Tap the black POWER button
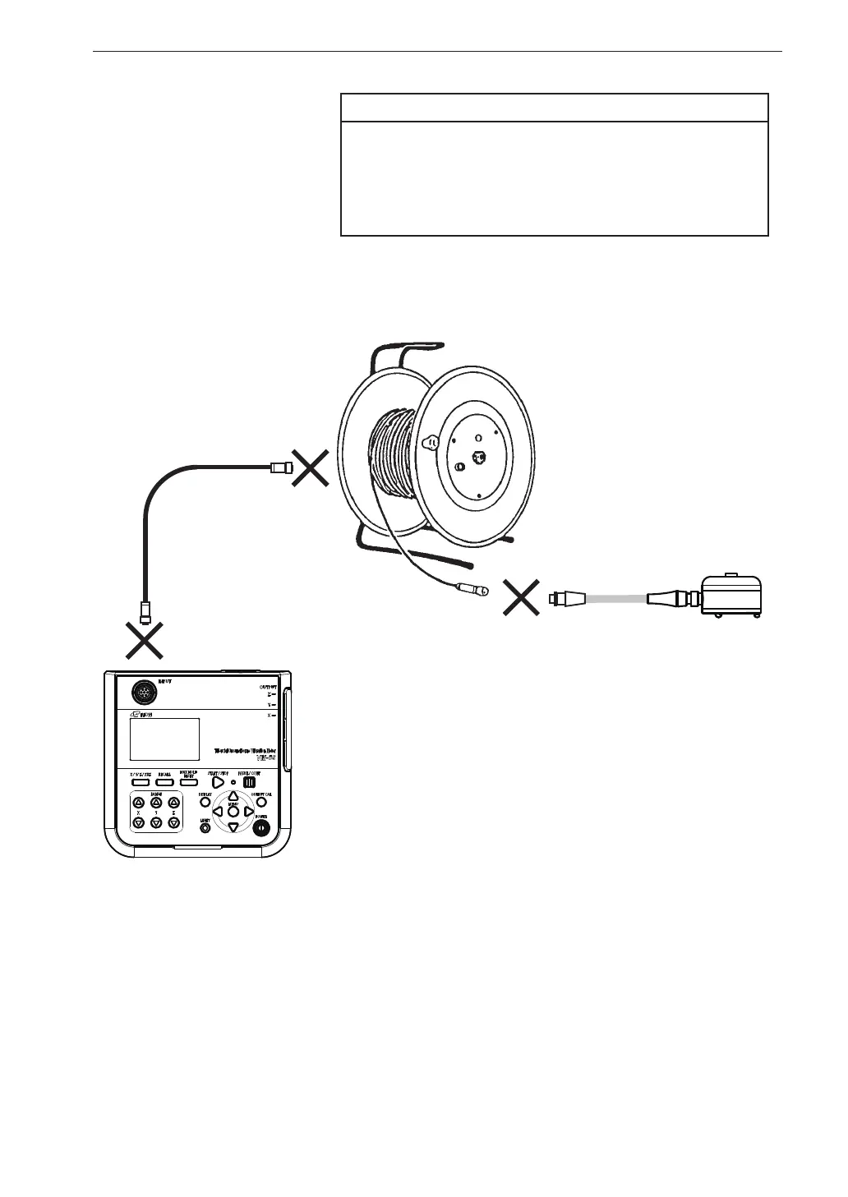(x=261, y=828)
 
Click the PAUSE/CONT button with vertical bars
(x=249, y=781)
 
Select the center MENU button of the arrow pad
(x=233, y=811)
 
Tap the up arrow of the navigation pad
(x=233, y=795)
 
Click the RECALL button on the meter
(x=165, y=781)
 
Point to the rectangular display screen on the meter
(x=164, y=739)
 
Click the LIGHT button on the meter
(x=205, y=828)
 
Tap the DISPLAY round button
(x=205, y=802)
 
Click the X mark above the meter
(x=145, y=639)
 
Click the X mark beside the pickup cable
(x=521, y=596)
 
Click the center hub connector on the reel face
(x=475, y=457)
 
